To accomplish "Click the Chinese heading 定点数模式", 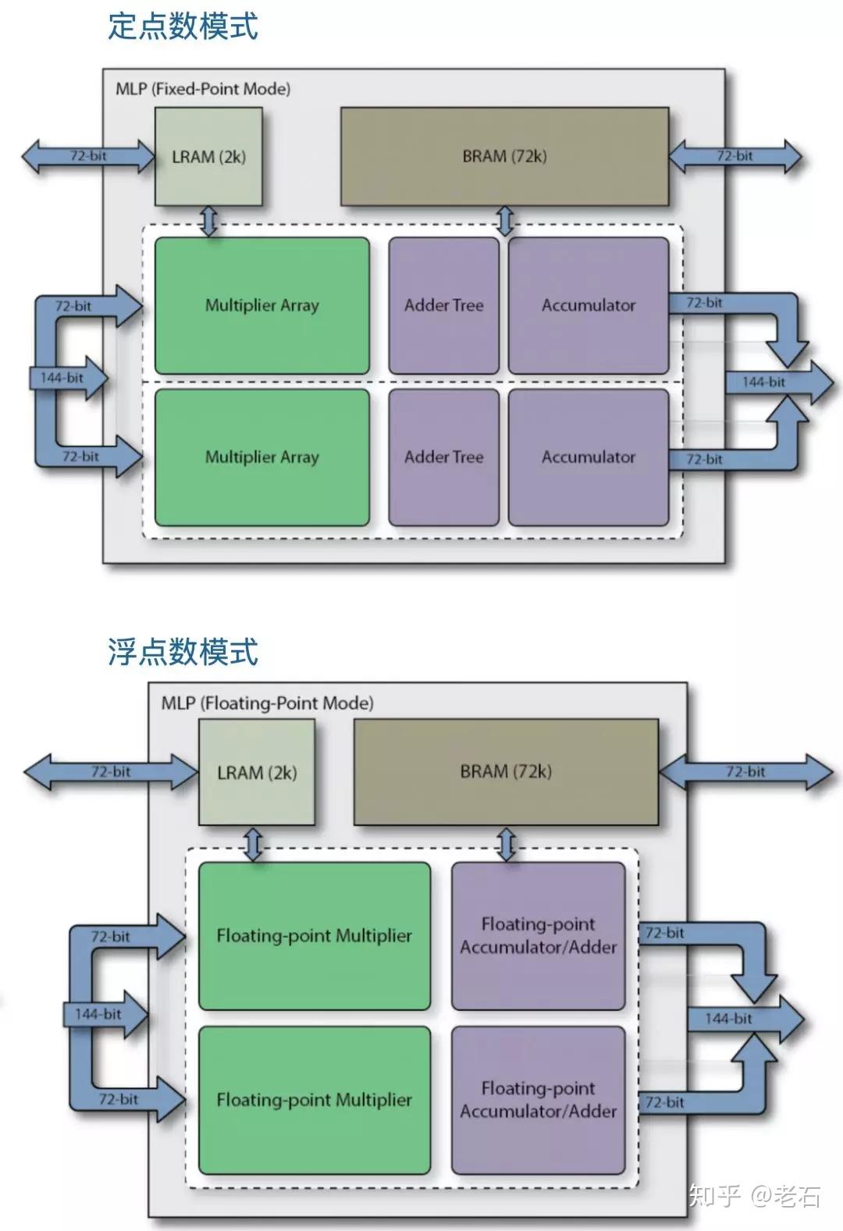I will pyautogui.click(x=183, y=26).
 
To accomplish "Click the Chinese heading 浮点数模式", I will pyautogui.click(x=183, y=651).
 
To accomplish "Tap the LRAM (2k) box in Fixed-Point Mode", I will pyautogui.click(x=208, y=157).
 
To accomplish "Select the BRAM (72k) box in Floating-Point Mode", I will pyautogui.click(x=506, y=771).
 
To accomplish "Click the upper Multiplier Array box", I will pyautogui.click(x=261, y=305).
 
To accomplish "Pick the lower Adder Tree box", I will pyautogui.click(x=443, y=457).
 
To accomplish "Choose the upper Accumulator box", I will pyautogui.click(x=589, y=305).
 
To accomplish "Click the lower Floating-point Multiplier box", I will pyautogui.click(x=314, y=1099).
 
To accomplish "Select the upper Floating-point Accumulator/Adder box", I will pyautogui.click(x=538, y=935).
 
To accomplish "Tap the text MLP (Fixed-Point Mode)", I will pyautogui.click(x=203, y=89).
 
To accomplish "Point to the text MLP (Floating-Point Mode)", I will pyautogui.click(x=267, y=703).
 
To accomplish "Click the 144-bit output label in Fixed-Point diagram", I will pyautogui.click(x=764, y=382).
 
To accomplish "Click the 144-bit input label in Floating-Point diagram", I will pyautogui.click(x=98, y=1014).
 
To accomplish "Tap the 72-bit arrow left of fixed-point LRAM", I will pyautogui.click(x=88, y=155).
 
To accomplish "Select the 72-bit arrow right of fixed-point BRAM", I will pyautogui.click(x=735, y=155).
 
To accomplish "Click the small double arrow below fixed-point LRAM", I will pyautogui.click(x=208, y=221).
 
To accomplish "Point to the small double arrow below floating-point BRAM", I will pyautogui.click(x=507, y=845).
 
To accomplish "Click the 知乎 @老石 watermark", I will pyautogui.click(x=754, y=1195).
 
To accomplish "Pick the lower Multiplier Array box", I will pyautogui.click(x=261, y=457).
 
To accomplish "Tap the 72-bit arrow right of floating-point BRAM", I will pyautogui.click(x=745, y=771).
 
